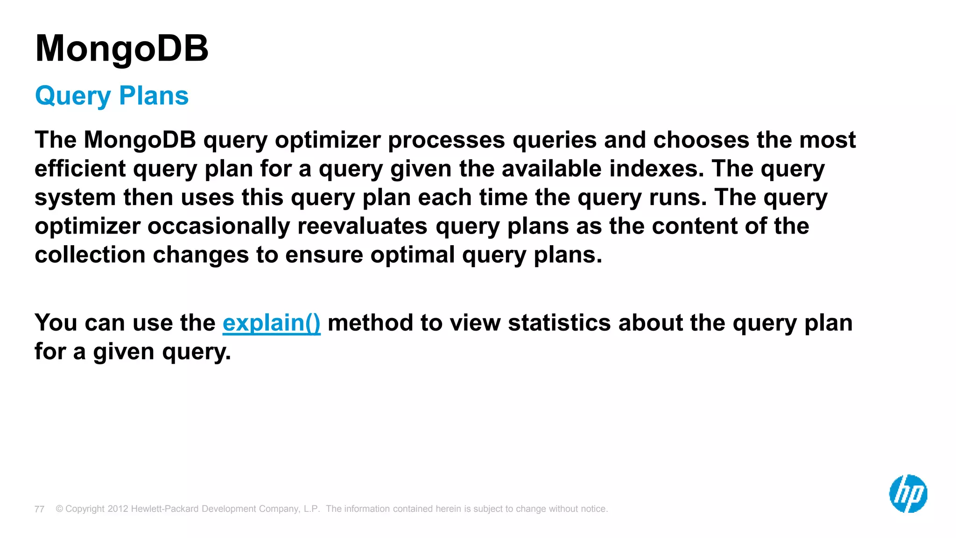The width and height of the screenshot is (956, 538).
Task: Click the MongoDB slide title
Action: point(122,49)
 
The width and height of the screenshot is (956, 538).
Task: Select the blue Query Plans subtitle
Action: point(112,96)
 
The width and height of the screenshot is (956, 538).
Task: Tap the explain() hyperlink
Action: point(271,323)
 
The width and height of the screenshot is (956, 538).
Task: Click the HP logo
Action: point(908,494)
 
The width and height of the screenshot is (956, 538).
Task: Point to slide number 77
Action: point(39,509)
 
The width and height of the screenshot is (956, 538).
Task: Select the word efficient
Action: point(80,169)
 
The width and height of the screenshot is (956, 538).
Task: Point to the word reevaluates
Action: point(362,226)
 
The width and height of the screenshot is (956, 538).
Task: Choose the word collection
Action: point(90,255)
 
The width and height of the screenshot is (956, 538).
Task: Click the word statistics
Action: point(559,323)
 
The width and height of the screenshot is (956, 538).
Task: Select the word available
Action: point(552,169)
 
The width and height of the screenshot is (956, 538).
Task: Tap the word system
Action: point(75,198)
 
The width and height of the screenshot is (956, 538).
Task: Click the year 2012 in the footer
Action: point(118,509)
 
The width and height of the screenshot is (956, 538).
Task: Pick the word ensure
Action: point(324,255)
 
